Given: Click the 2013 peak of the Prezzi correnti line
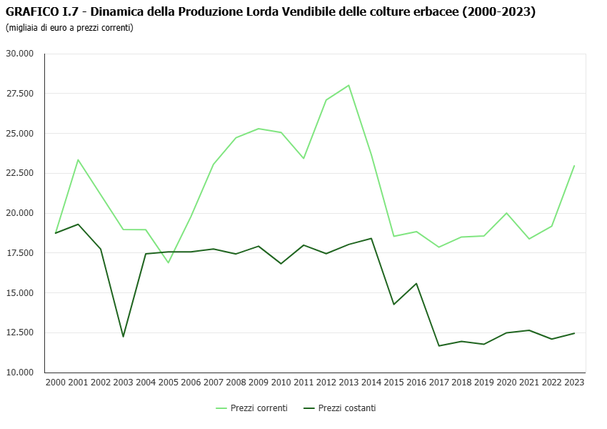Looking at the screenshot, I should click(348, 85).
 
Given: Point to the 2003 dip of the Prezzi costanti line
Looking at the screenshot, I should click(123, 337).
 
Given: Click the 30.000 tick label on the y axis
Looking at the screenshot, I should click(20, 54).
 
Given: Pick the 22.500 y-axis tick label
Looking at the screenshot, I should click(20, 173).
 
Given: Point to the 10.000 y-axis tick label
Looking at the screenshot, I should click(20, 373).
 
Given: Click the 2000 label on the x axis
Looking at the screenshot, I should click(56, 383).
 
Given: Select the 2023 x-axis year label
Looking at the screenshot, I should click(574, 383).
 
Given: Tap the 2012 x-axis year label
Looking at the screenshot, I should click(326, 383).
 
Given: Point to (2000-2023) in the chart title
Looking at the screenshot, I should click(499, 12).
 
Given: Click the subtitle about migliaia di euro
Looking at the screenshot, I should click(69, 28).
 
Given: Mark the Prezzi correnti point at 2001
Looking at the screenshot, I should click(78, 159).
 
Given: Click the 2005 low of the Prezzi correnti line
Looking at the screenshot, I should click(169, 262).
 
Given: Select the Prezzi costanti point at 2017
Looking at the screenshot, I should click(439, 346).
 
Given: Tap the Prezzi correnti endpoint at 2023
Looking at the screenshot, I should click(574, 166).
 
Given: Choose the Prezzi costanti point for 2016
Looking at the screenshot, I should click(416, 283).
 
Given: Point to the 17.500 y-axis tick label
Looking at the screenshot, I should click(20, 253).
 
